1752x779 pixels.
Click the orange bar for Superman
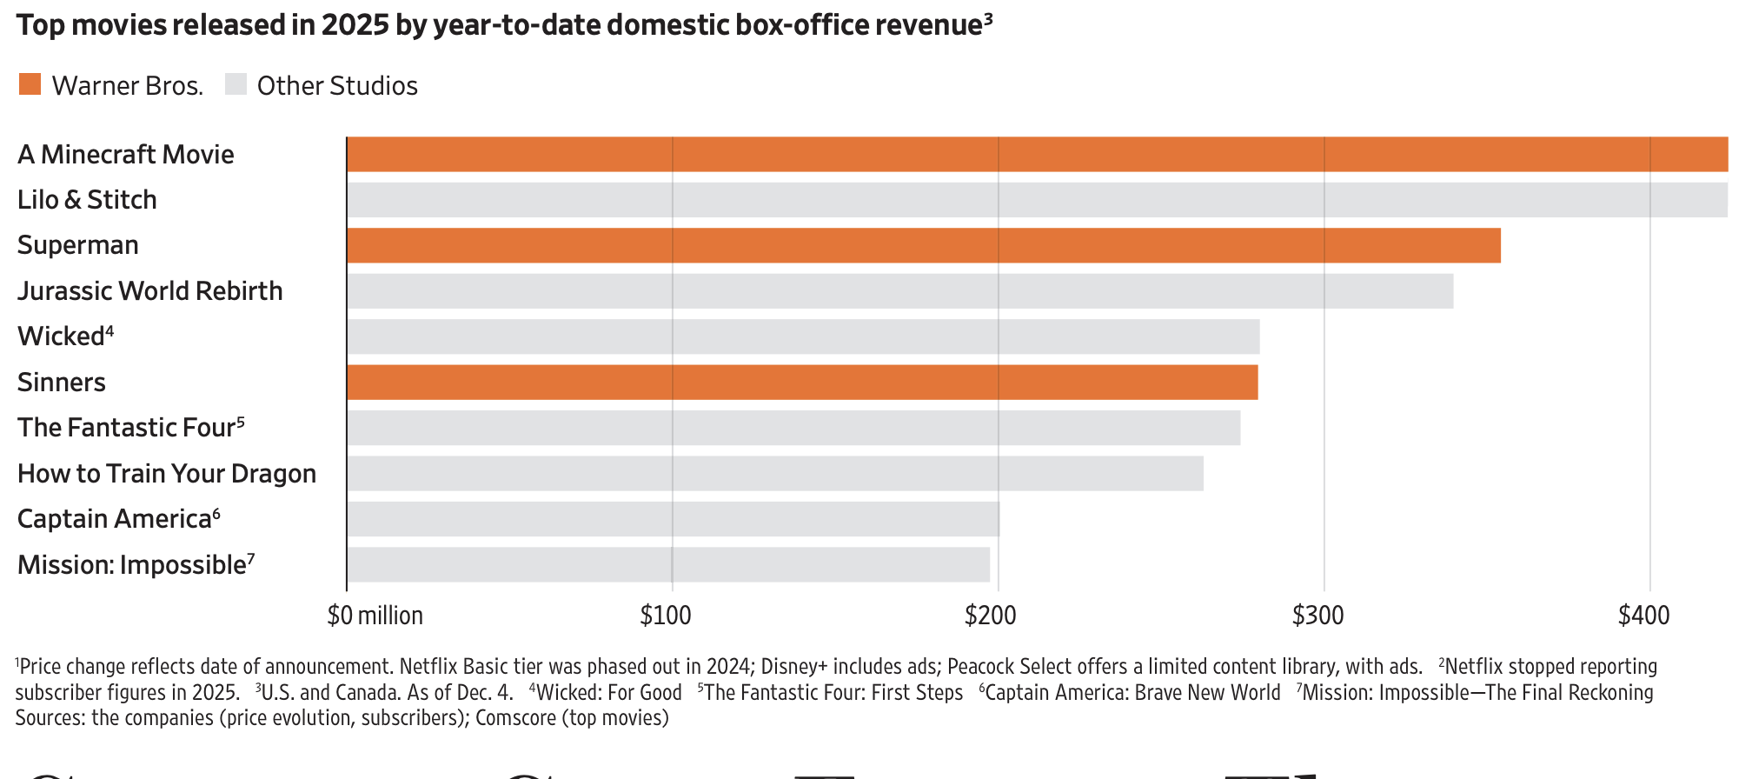point(923,245)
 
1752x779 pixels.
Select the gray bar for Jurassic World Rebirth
point(899,291)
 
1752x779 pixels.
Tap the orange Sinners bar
point(801,383)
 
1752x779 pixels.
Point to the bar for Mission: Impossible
point(667,565)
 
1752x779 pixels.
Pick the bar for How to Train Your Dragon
point(774,474)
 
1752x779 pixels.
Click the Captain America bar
point(673,519)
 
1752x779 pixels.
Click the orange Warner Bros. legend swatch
point(30,84)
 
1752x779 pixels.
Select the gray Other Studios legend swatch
point(236,84)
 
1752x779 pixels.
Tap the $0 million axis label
point(375,616)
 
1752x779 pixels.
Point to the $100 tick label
point(666,616)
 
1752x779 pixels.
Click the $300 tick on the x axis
point(1317,616)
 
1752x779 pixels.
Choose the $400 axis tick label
point(1643,616)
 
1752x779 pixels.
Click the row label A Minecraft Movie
point(126,155)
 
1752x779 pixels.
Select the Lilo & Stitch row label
point(87,200)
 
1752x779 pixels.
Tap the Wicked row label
point(61,336)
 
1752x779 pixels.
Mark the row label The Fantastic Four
point(126,428)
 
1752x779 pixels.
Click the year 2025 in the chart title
point(355,24)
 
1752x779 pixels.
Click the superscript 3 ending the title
point(988,17)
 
